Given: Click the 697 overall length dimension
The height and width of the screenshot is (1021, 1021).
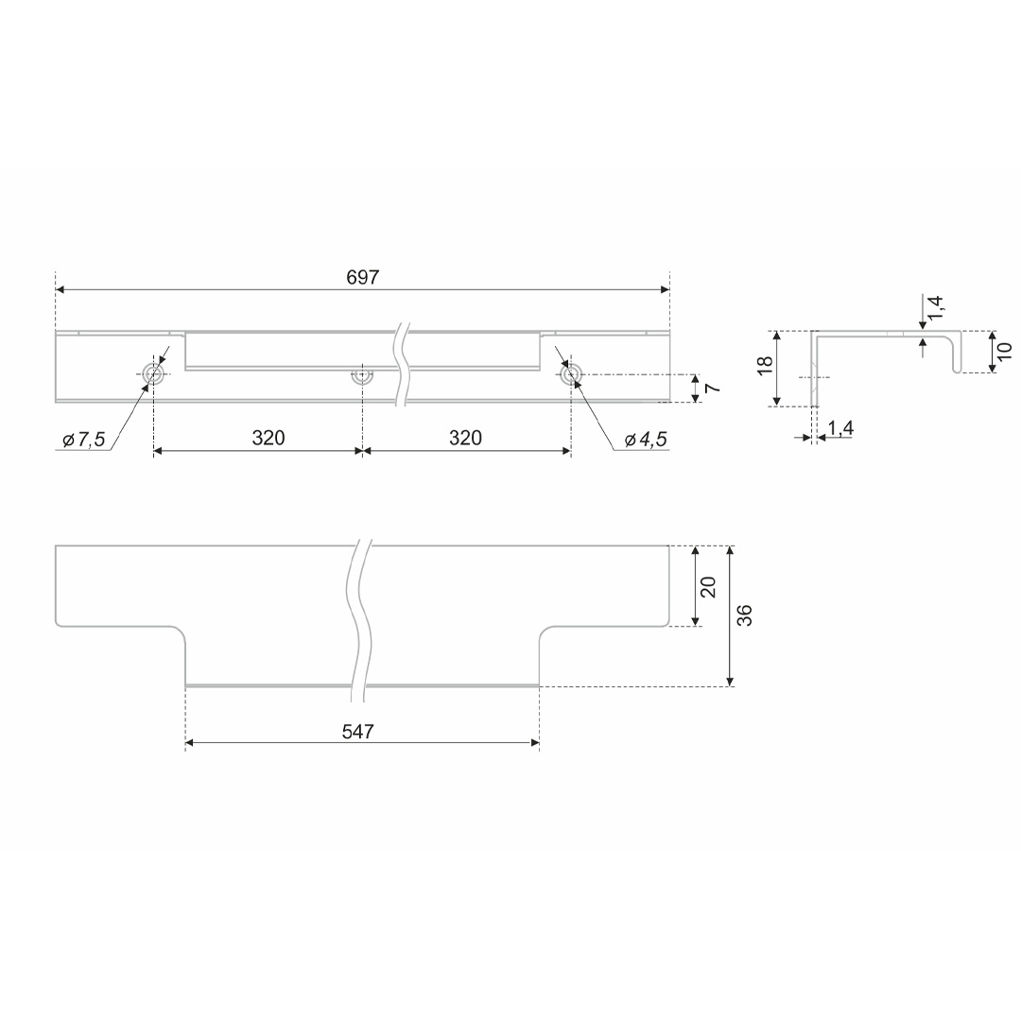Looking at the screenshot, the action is point(362,278).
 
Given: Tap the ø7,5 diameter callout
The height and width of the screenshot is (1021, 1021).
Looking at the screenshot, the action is point(84,441).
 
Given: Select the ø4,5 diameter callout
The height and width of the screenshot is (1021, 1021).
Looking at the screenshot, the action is point(646,441).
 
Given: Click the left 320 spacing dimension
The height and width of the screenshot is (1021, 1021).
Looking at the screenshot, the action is point(268,438).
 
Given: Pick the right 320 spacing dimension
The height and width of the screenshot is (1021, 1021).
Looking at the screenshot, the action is point(465,438).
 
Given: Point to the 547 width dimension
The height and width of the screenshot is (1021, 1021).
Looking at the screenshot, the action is point(358,732).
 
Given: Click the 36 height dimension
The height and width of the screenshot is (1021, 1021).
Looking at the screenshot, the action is point(746,615).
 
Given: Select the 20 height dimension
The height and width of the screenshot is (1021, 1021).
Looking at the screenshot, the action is point(709,587).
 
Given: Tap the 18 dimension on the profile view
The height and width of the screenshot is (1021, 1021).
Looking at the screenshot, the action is point(765,365).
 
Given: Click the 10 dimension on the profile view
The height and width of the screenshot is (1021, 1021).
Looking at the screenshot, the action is point(1005,351).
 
